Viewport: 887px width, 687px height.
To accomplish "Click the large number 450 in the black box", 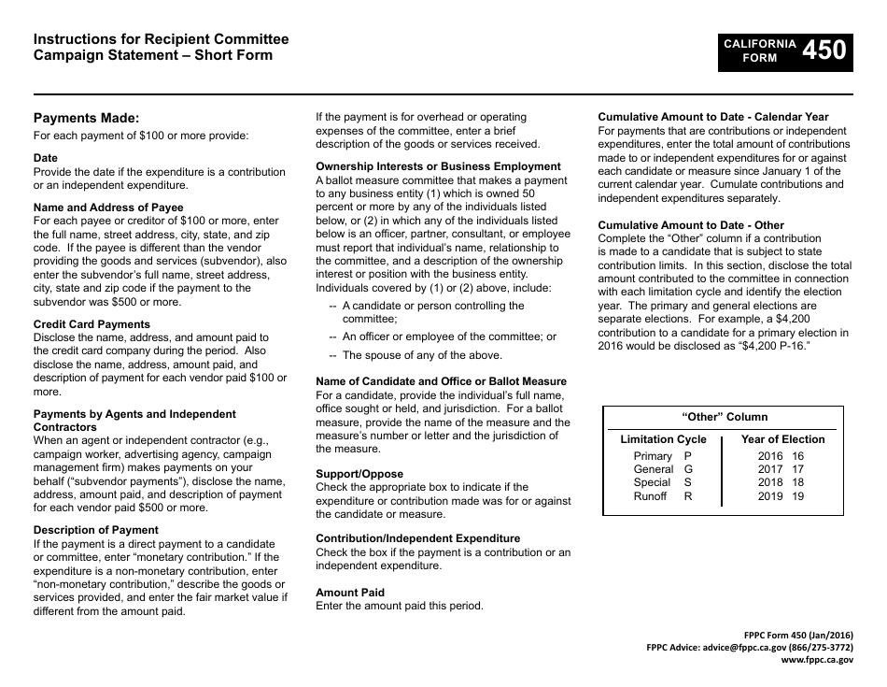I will tap(824, 50).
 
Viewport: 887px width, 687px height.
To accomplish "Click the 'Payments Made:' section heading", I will tap(86, 118).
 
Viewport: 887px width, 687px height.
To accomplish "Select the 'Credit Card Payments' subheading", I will tap(92, 324).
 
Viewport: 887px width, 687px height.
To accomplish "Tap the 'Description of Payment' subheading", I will tap(96, 530).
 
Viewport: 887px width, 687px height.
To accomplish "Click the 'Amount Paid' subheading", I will tap(350, 593).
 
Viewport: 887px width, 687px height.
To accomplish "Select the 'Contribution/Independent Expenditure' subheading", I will tap(417, 538).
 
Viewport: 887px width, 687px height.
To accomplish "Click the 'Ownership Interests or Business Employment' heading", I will tap(438, 166).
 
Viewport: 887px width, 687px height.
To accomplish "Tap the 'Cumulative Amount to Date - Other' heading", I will tap(691, 225).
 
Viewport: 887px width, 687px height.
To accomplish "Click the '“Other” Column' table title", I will tap(724, 417).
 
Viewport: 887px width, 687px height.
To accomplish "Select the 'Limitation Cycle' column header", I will tap(663, 439).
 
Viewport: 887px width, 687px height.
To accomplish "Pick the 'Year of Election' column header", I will tap(782, 439).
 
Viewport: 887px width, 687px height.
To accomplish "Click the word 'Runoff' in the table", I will tap(650, 496).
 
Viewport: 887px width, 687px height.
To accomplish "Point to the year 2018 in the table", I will tap(770, 482).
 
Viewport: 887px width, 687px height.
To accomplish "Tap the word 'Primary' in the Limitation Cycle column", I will tap(653, 456).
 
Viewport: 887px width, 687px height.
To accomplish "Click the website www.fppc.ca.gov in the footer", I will tap(817, 659).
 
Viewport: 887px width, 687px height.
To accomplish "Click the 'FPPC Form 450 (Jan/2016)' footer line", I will tap(797, 635).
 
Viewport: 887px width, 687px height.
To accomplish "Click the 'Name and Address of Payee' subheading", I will tap(108, 208).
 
